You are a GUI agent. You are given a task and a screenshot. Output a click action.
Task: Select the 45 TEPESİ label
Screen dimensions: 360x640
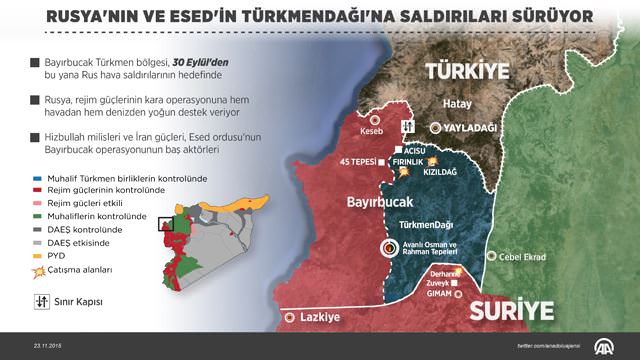pos(360,163)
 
